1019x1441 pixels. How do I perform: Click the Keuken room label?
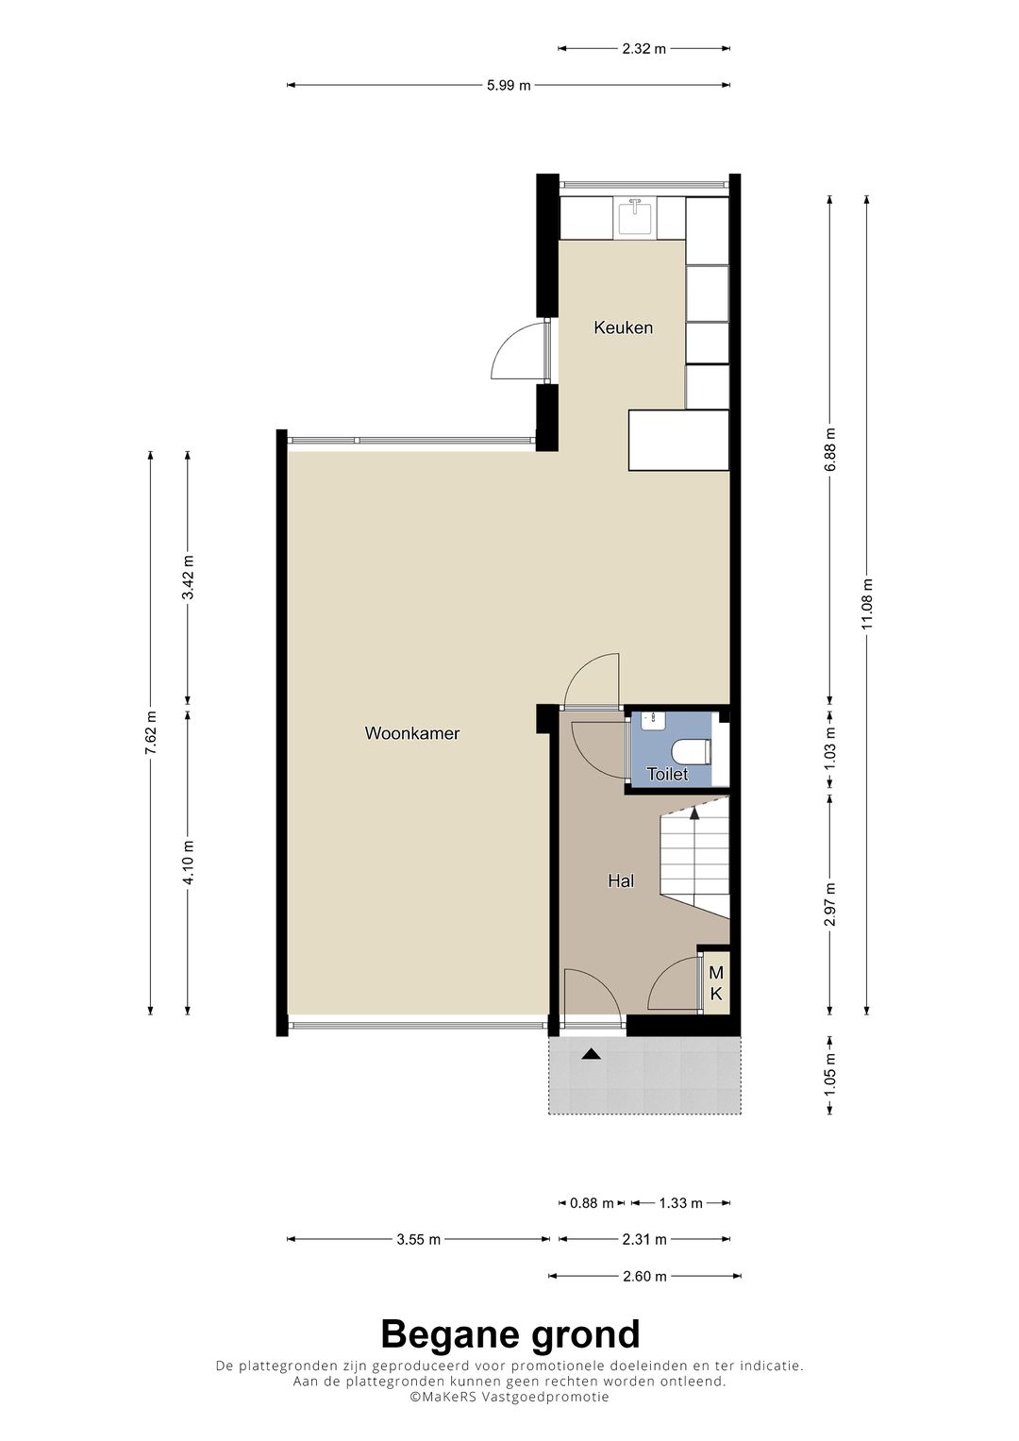coord(623,327)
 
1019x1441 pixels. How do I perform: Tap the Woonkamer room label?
coord(412,732)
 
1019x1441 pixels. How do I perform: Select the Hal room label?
coord(620,880)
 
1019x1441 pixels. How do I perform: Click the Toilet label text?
coord(667,775)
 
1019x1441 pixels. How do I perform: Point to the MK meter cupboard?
coord(716,982)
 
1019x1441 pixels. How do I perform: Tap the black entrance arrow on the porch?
coord(591,1054)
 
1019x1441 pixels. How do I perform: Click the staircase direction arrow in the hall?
coord(695,811)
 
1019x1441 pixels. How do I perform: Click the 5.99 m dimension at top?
coord(509,86)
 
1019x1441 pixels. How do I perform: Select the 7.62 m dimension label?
coord(151,731)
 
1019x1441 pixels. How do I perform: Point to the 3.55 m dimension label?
coord(417,1239)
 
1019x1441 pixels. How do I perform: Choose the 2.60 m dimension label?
coord(644,1276)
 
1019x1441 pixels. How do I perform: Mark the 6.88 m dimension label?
coord(829,449)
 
